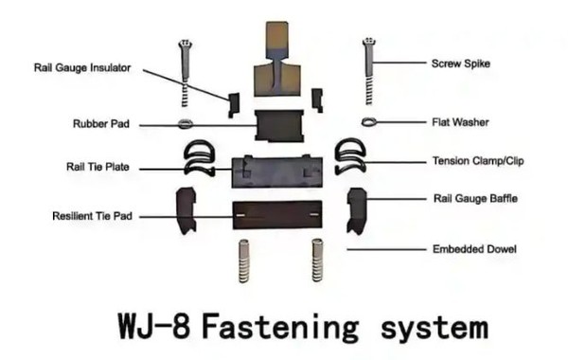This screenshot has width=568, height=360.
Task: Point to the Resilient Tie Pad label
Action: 92,216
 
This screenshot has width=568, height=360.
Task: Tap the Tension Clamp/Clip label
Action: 477,161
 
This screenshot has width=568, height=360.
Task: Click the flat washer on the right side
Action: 370,121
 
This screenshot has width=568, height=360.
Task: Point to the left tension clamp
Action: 199,158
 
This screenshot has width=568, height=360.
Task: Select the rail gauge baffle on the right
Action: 358,209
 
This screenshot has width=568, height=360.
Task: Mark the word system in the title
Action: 427,329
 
